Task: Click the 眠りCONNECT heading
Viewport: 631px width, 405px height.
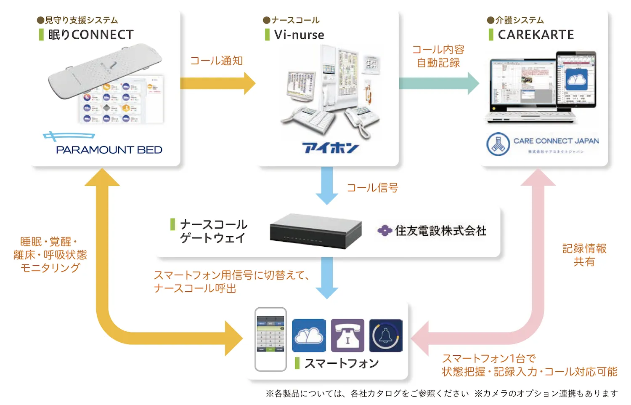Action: pos(90,35)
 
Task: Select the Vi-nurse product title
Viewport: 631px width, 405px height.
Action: pos(299,35)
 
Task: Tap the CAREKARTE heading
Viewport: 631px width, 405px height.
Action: pos(536,35)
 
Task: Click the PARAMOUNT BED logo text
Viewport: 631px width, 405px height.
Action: pos(109,150)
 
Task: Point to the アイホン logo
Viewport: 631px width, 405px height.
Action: pos(330,148)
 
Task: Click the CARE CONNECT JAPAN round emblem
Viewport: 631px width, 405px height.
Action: pos(498,144)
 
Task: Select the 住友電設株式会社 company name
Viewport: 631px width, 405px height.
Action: pos(440,231)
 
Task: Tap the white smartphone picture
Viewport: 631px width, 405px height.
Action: pos(270,339)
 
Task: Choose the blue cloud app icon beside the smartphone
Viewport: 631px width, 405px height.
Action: pos(309,336)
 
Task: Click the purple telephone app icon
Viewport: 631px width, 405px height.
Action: pos(347,336)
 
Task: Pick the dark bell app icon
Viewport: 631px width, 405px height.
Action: pos(386,336)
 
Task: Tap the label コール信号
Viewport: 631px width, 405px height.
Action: pos(372,188)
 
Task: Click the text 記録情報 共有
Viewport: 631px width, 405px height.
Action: pos(584,255)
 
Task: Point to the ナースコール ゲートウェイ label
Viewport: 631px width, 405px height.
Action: pos(213,231)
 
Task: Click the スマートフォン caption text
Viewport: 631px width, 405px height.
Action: pos(341,363)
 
